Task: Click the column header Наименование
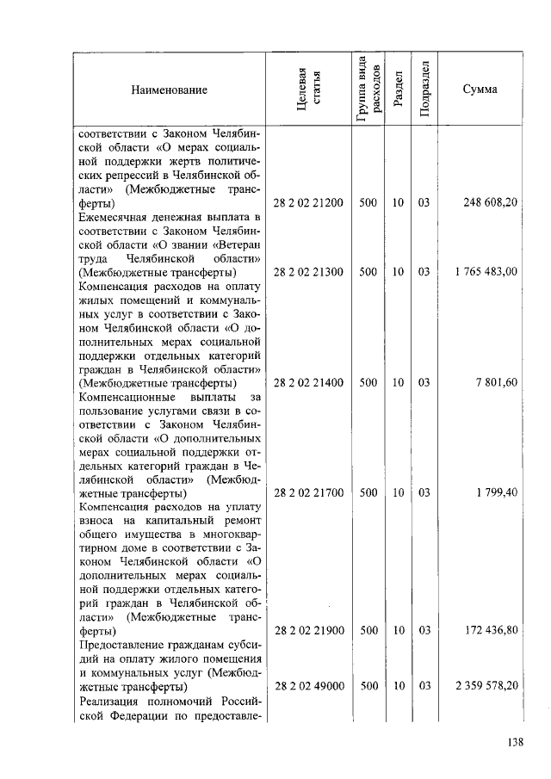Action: pos(169,90)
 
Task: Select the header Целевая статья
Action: pos(308,90)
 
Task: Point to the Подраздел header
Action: pos(424,90)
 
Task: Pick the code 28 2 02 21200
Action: pos(308,203)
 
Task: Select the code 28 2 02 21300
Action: pos(308,272)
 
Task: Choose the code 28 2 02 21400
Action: pos(308,383)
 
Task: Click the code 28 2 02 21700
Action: pos(308,494)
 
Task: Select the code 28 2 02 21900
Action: pos(308,631)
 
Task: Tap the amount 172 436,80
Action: pos(490,631)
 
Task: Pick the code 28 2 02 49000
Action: pos(308,687)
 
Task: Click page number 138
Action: pos(515,743)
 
